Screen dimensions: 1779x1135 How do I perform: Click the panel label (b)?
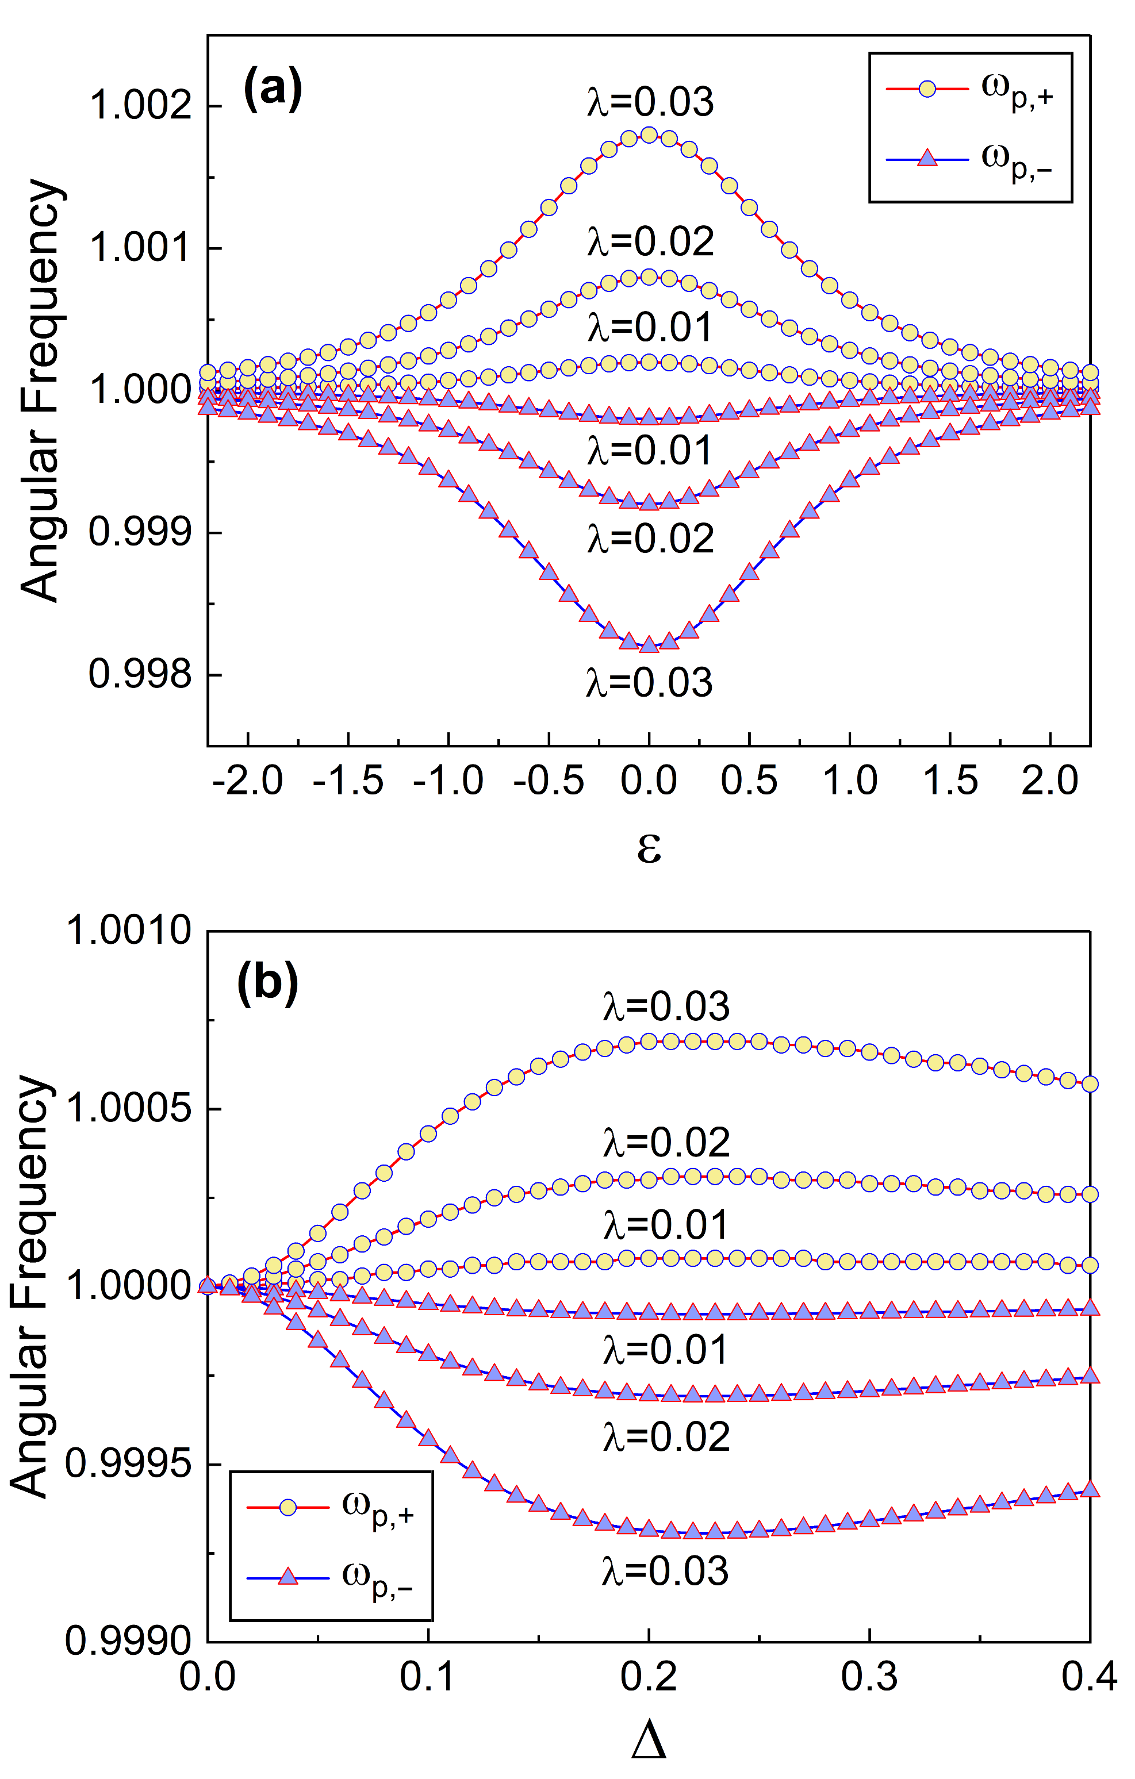(267, 984)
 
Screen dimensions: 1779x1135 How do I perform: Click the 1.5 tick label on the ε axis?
(949, 780)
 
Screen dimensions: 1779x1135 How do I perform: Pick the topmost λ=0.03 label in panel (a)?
(650, 102)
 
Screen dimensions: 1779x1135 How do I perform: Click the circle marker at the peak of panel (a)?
(649, 135)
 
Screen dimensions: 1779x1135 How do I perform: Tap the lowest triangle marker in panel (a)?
(649, 645)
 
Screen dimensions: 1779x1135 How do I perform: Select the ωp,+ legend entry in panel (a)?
(969, 90)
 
